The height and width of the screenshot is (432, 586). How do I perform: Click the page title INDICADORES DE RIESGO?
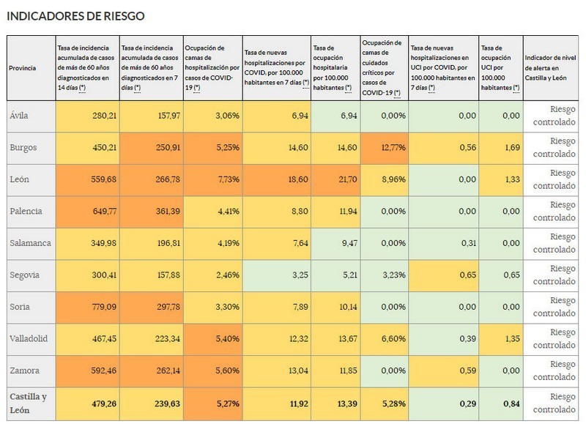[76, 16]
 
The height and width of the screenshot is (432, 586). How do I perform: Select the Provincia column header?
[23, 68]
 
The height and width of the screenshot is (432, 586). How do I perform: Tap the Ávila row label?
[19, 116]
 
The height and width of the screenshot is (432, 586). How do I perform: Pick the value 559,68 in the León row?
[103, 179]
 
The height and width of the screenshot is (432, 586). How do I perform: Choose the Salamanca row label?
[30, 243]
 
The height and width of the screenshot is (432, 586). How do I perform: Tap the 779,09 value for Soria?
[104, 308]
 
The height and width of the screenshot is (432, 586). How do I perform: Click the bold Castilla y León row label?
[29, 403]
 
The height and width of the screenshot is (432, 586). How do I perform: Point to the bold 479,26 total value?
[104, 404]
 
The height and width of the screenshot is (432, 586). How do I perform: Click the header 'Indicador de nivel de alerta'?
[550, 68]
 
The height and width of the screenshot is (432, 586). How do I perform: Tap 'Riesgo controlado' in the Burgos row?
[555, 148]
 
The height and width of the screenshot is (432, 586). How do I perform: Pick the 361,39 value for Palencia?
[168, 212]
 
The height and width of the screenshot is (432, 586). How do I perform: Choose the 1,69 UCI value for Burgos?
[512, 148]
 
